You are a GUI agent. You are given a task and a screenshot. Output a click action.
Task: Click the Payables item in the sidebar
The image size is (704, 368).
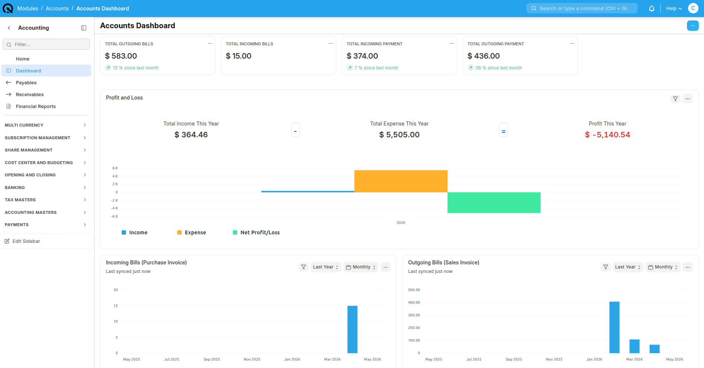pos(26,82)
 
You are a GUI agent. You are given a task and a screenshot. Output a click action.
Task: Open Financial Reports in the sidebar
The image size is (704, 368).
pos(36,106)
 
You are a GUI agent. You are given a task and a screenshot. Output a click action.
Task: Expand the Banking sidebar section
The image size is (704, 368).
pos(45,188)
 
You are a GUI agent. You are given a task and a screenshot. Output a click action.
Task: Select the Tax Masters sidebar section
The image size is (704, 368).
pos(45,200)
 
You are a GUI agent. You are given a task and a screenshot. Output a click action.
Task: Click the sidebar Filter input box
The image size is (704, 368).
pos(46,44)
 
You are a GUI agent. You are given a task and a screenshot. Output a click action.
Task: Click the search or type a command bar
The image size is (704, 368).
pos(582,8)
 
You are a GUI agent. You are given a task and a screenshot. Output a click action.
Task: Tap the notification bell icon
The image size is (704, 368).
pos(651,9)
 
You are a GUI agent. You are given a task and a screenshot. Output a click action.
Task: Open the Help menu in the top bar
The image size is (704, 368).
pos(674,9)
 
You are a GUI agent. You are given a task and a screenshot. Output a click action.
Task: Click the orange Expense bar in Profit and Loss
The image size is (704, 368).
pos(401,181)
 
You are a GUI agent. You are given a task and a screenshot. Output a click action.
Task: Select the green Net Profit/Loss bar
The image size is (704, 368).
pos(494,202)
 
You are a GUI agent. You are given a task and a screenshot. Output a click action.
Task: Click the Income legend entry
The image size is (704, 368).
pos(135,232)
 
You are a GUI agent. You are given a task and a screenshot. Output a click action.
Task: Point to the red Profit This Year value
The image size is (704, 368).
pos(607,135)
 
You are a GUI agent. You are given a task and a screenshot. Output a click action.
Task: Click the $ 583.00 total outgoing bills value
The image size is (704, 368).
pos(121,56)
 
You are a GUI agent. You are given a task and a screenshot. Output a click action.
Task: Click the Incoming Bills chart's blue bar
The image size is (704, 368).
pos(352,329)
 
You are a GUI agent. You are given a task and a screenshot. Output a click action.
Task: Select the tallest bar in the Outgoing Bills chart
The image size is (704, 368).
pos(614,327)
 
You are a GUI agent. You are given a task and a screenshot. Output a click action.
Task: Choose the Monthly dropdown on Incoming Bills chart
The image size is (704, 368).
pos(361,267)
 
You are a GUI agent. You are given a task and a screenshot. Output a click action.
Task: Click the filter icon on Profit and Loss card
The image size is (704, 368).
pos(675,99)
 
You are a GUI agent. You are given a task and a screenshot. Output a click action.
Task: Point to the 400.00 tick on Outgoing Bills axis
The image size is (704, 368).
pos(414,303)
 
